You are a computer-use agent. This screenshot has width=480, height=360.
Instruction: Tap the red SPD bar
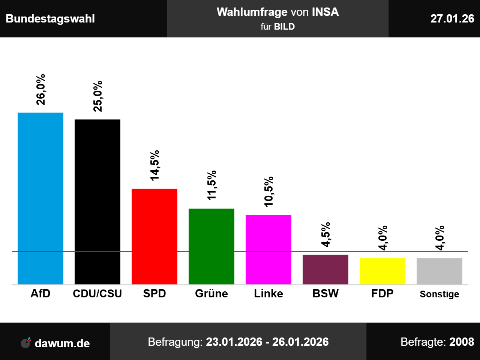click(154, 236)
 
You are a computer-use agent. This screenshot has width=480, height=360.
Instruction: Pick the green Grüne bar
click(211, 246)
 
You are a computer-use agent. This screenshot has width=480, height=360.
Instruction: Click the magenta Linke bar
click(268, 249)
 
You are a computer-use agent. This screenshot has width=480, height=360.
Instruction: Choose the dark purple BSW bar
click(325, 269)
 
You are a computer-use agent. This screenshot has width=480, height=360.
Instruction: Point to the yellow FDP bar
click(382, 271)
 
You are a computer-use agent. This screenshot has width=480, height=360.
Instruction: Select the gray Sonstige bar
click(439, 271)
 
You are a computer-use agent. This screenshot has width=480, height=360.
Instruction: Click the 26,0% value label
click(40, 90)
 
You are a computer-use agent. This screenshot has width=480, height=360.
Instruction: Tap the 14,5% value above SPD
click(154, 165)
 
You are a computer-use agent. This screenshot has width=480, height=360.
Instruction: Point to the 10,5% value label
click(268, 192)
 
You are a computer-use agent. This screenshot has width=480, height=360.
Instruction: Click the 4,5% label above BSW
click(325, 234)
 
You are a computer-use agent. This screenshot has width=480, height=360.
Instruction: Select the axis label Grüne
click(211, 293)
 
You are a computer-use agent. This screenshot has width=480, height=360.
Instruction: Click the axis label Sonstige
click(439, 294)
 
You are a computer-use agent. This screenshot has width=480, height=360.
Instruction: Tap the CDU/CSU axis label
click(97, 293)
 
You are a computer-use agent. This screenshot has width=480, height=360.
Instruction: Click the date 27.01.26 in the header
click(452, 18)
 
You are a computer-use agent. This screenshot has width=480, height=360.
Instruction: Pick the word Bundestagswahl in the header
click(50, 19)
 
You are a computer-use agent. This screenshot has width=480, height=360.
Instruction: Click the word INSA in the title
click(325, 12)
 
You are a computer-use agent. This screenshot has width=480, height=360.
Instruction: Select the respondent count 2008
click(462, 342)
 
